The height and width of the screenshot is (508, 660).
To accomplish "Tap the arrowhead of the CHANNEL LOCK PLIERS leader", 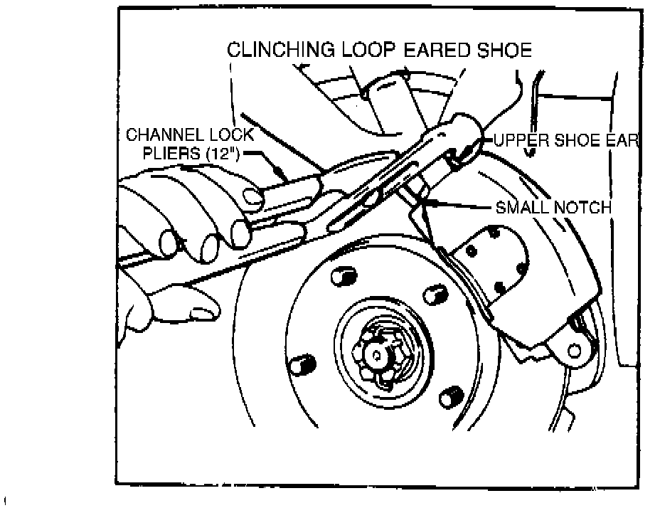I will click(x=284, y=173).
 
